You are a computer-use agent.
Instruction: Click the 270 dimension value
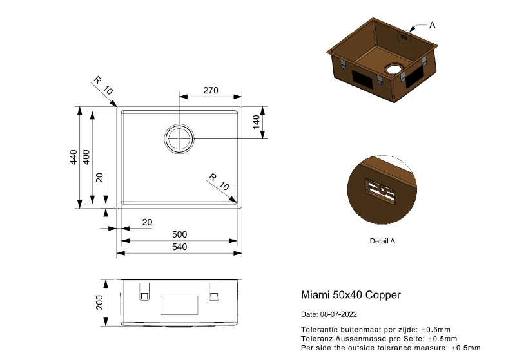coord(211,91)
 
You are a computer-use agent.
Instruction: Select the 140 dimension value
coord(256,122)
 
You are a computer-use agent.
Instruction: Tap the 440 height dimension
coord(73,157)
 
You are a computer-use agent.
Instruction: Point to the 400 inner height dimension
coord(86,157)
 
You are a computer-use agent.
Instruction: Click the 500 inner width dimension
coord(179,234)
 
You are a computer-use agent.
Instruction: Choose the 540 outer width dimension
coord(179,247)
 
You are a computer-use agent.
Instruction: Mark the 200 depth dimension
coord(99,302)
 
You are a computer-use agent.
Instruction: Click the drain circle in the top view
coord(179,139)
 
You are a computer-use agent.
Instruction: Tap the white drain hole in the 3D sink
coord(393,69)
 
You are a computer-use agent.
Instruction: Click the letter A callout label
coord(432,25)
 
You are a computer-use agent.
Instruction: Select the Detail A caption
coord(382,241)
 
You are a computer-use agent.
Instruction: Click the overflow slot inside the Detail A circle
coord(380,191)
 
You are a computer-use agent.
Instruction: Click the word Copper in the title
coord(383,295)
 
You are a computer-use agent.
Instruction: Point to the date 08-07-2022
coord(338,314)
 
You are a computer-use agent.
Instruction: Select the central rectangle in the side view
coord(179,305)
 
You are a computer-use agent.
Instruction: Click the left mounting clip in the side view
coord(144,292)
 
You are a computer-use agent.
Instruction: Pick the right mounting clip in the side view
coord(214,292)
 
